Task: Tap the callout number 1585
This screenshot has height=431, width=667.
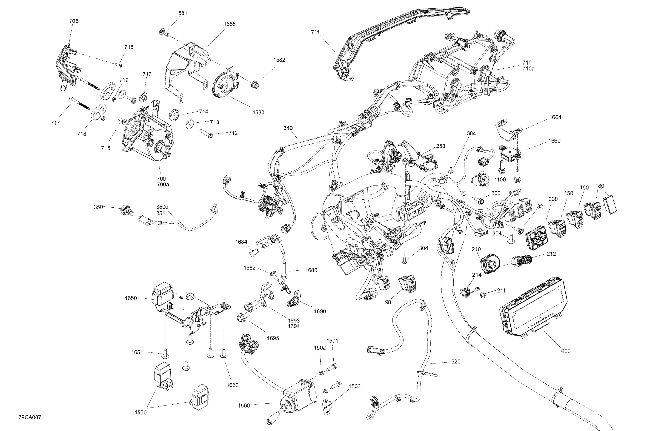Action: [x=229, y=24]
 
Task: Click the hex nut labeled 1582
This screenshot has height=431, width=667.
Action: [x=255, y=84]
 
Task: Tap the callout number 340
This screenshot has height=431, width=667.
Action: [x=288, y=128]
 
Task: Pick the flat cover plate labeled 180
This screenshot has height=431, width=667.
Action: [x=610, y=205]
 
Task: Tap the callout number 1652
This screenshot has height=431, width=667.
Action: [x=232, y=385]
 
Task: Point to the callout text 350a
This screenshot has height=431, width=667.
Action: [x=162, y=207]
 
